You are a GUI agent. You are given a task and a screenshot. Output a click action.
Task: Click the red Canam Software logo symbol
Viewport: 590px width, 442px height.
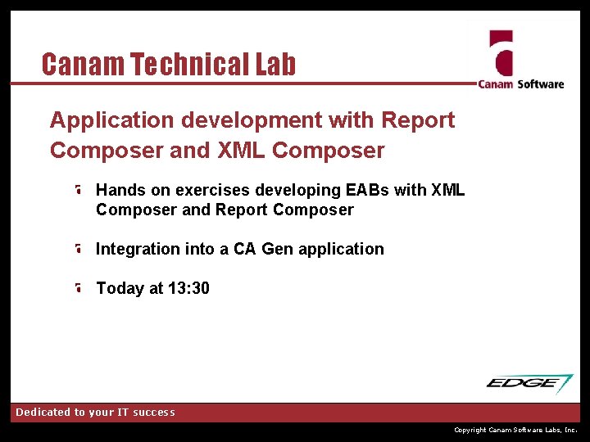(x=501, y=54)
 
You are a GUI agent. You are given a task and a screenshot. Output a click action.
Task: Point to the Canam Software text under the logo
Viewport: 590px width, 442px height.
(x=521, y=83)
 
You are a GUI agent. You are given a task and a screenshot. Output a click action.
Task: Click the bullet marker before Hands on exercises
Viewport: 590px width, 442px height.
(x=77, y=190)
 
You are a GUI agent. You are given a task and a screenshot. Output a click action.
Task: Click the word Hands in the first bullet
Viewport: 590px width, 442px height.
(x=120, y=190)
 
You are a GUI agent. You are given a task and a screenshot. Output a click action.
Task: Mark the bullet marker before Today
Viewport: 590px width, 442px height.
(x=77, y=288)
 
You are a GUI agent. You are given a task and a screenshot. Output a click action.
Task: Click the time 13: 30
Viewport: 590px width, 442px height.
(x=188, y=288)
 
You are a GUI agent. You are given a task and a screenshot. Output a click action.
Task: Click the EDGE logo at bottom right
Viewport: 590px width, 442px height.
(x=529, y=383)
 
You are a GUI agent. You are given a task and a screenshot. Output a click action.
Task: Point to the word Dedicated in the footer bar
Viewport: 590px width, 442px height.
(x=46, y=413)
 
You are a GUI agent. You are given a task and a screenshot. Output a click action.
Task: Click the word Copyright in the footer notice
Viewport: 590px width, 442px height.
(x=470, y=430)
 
